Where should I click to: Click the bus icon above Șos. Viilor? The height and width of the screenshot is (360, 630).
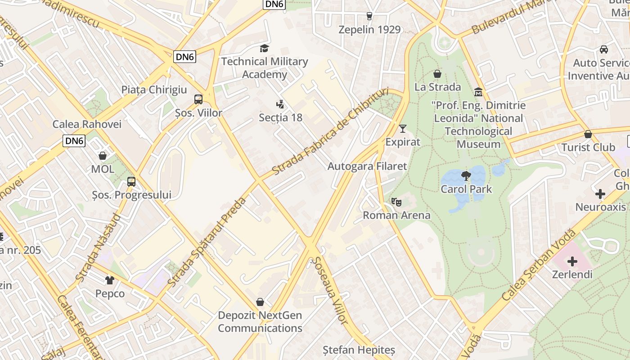[x=198, y=99]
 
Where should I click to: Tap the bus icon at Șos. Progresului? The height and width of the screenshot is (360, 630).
[x=131, y=182]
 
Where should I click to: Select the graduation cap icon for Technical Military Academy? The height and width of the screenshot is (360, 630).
[x=264, y=48]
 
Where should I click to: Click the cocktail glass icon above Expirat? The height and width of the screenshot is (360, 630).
[x=403, y=129]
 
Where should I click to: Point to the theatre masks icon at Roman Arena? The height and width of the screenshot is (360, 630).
[x=396, y=202]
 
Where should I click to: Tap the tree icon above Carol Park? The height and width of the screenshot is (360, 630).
[x=466, y=175]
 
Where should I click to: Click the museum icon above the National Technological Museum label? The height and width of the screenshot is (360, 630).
[x=478, y=92]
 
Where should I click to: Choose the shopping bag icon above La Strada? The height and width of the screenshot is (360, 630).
[x=437, y=74]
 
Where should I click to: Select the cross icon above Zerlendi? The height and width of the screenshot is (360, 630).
[x=572, y=261]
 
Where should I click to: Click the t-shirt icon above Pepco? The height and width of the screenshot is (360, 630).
[x=110, y=280]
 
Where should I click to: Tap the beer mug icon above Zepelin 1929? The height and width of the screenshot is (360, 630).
[x=369, y=16]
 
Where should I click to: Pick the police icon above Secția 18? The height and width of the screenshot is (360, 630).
[x=280, y=104]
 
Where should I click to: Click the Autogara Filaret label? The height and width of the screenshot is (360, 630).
[x=367, y=166]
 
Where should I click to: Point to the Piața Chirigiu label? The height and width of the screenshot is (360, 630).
[x=154, y=90]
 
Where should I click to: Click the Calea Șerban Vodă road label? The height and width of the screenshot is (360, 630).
[x=539, y=266]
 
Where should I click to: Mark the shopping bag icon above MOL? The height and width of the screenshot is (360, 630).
[x=103, y=156]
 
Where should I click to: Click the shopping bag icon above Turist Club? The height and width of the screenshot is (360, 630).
[x=588, y=134]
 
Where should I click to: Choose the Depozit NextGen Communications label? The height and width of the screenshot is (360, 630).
[x=260, y=322]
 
